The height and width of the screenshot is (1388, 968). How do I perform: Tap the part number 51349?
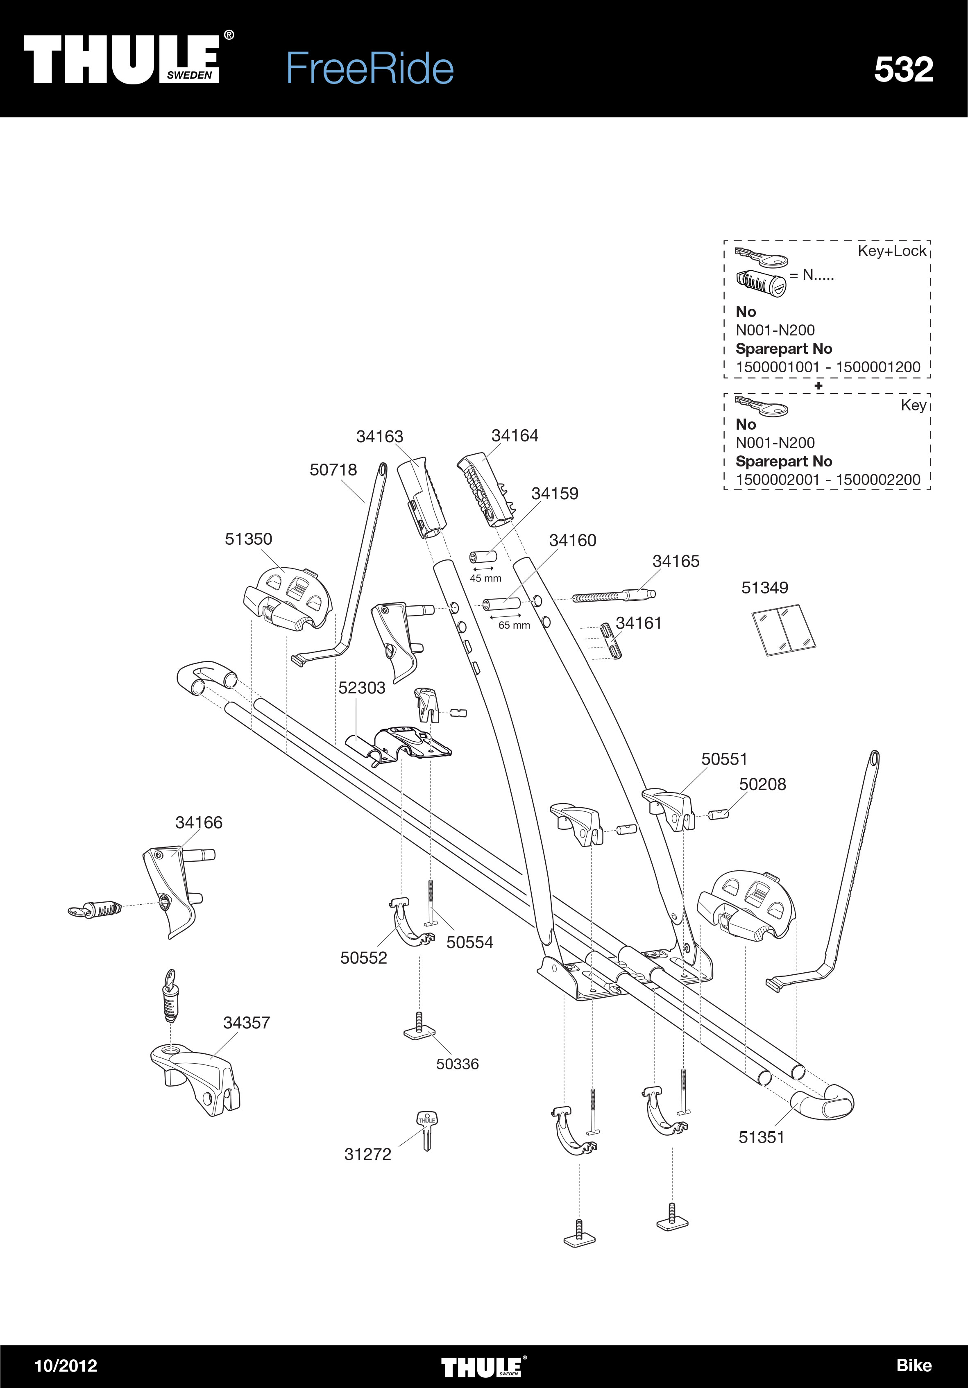click(765, 588)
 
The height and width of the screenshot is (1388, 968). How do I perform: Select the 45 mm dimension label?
click(485, 579)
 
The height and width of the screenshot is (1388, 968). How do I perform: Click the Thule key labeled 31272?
click(427, 1130)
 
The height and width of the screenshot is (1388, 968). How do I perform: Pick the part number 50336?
click(457, 1064)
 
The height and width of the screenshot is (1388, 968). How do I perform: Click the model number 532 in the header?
click(903, 70)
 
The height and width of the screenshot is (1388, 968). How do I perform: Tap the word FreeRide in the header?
click(370, 68)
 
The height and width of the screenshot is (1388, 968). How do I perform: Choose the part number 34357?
click(246, 1023)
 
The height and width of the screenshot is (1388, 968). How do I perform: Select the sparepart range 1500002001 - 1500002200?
click(828, 480)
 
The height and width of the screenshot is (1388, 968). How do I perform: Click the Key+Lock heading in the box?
click(892, 251)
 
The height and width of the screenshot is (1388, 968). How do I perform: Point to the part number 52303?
click(362, 688)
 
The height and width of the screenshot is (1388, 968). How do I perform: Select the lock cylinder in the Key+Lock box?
click(761, 282)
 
